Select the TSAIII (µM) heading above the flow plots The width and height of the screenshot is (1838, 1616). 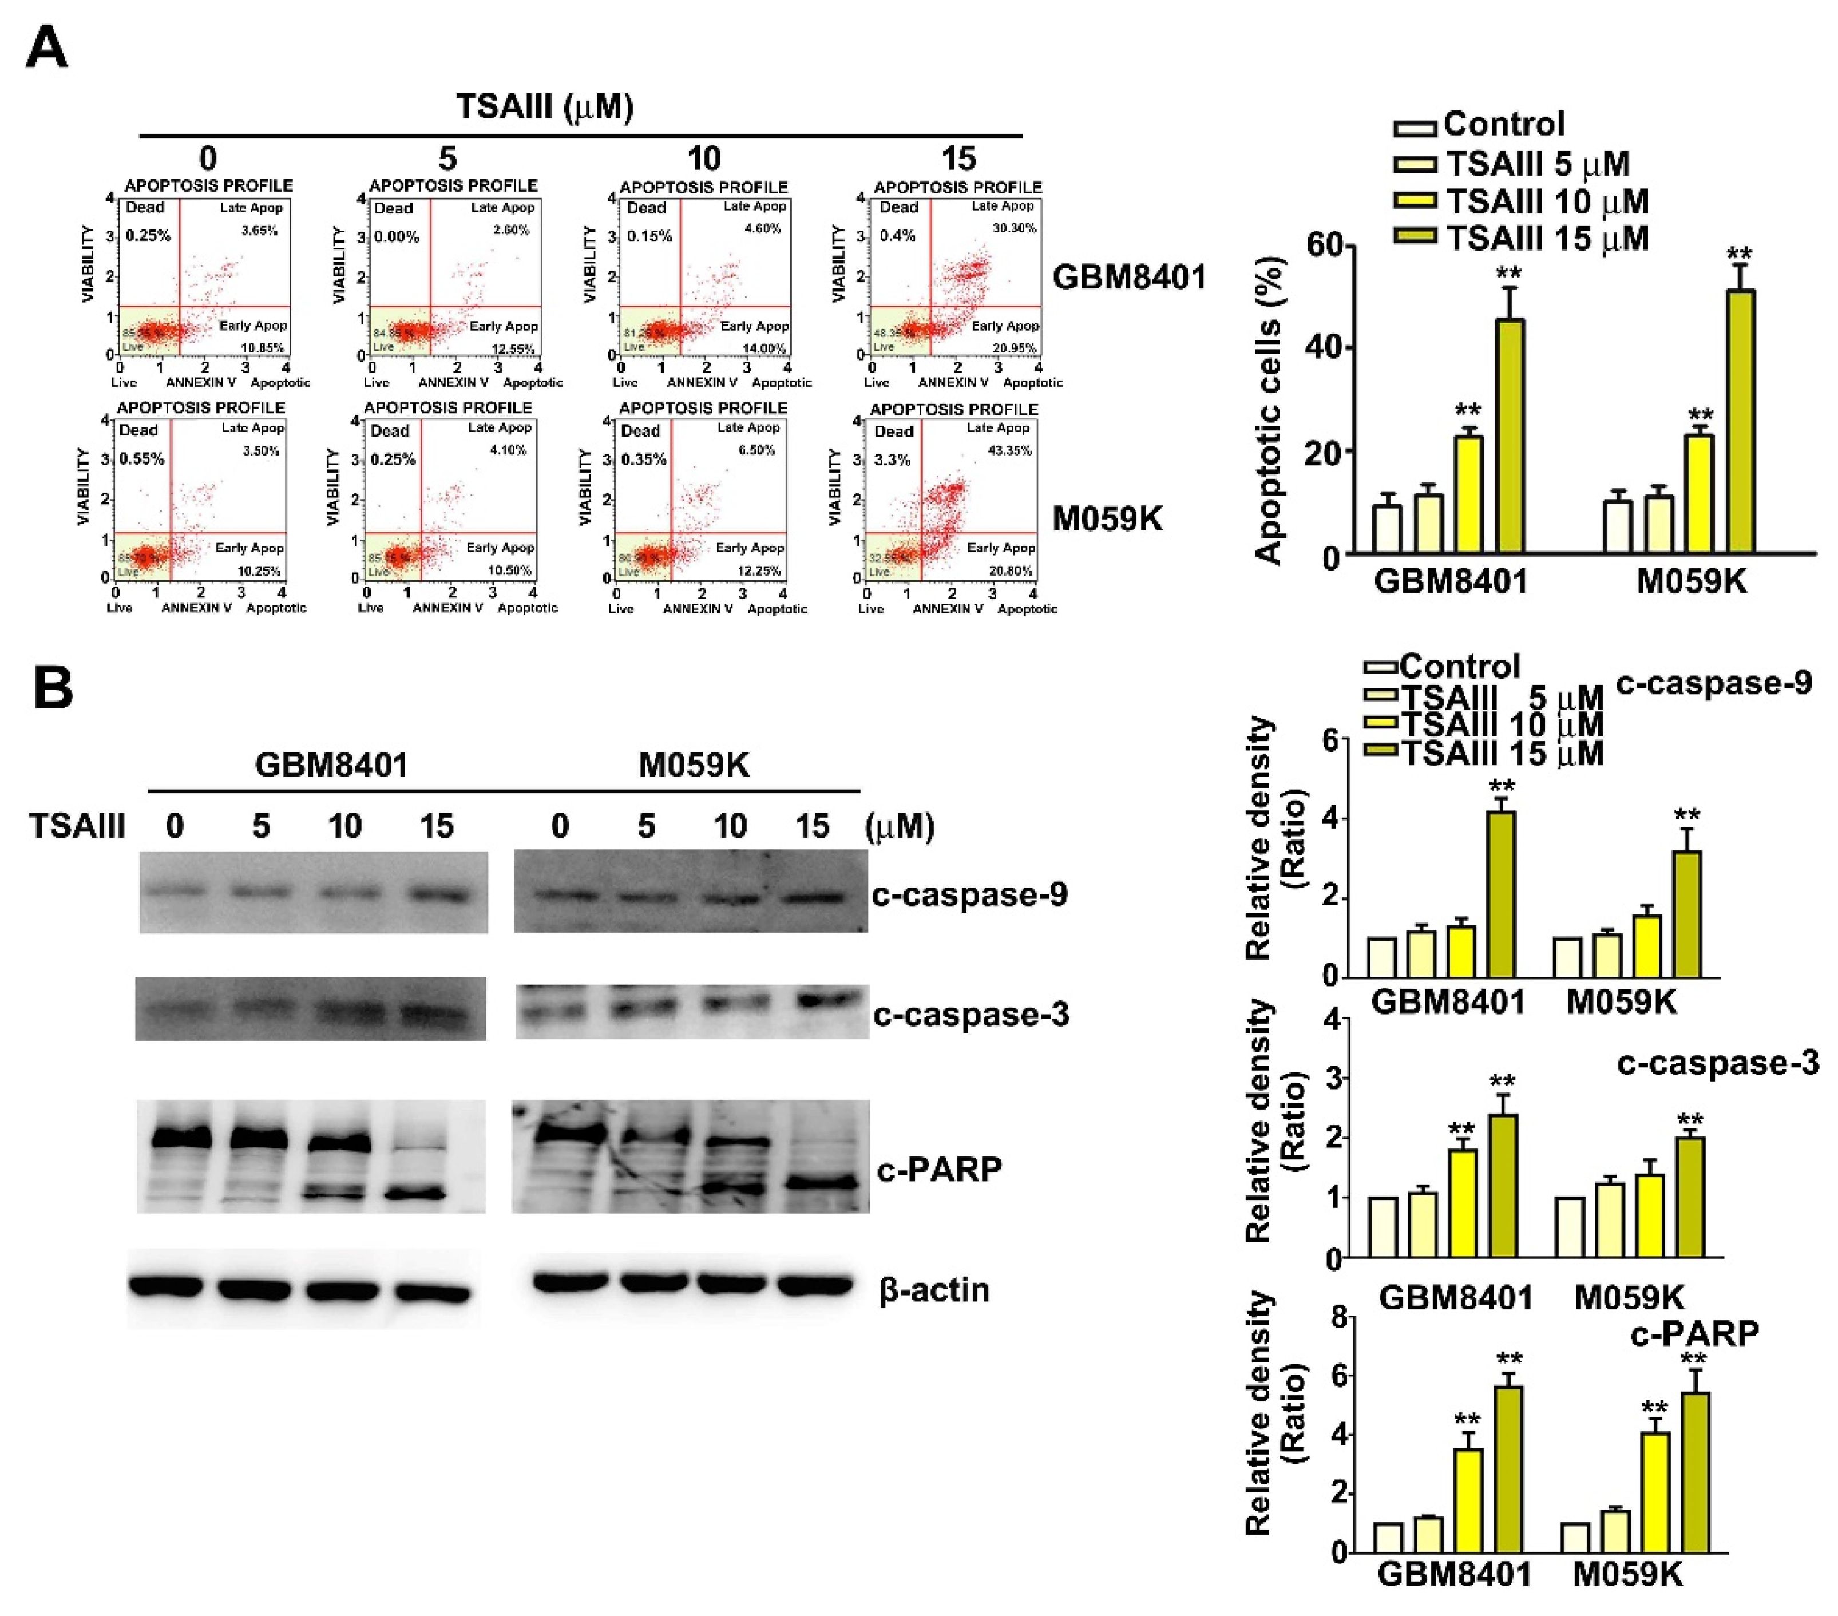click(x=545, y=106)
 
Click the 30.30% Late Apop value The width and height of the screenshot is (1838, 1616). click(x=1015, y=228)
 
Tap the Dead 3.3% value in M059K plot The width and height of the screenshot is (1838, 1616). click(x=892, y=460)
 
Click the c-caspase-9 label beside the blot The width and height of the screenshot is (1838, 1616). click(x=969, y=895)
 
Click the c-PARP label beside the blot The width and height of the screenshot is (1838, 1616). click(x=939, y=1169)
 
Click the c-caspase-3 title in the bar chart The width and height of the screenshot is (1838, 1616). click(x=1717, y=1063)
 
